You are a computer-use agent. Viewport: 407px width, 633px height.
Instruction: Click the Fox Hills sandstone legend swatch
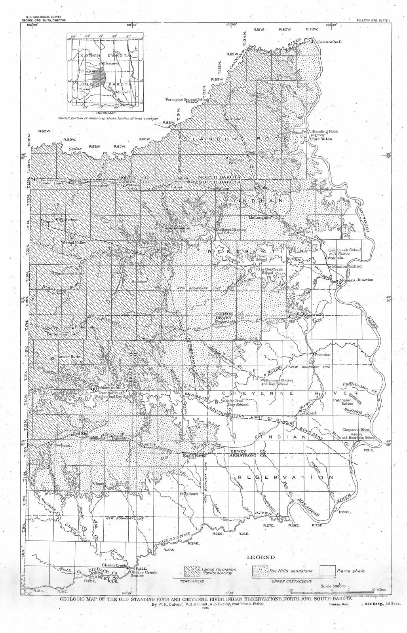(260, 571)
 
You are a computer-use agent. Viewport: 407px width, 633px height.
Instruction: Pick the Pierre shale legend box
(327, 571)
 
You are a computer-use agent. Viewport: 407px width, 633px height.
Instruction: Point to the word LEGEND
(261, 557)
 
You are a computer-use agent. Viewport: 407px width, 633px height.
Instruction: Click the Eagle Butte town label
(194, 456)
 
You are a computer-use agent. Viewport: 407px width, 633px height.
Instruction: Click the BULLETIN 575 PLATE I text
(373, 19)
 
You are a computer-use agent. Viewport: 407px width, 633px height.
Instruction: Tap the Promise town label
(322, 355)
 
